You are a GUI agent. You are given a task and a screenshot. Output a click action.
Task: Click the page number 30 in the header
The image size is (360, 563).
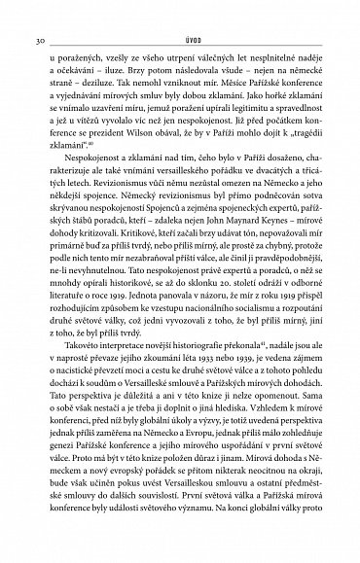pyautogui.click(x=37, y=14)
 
